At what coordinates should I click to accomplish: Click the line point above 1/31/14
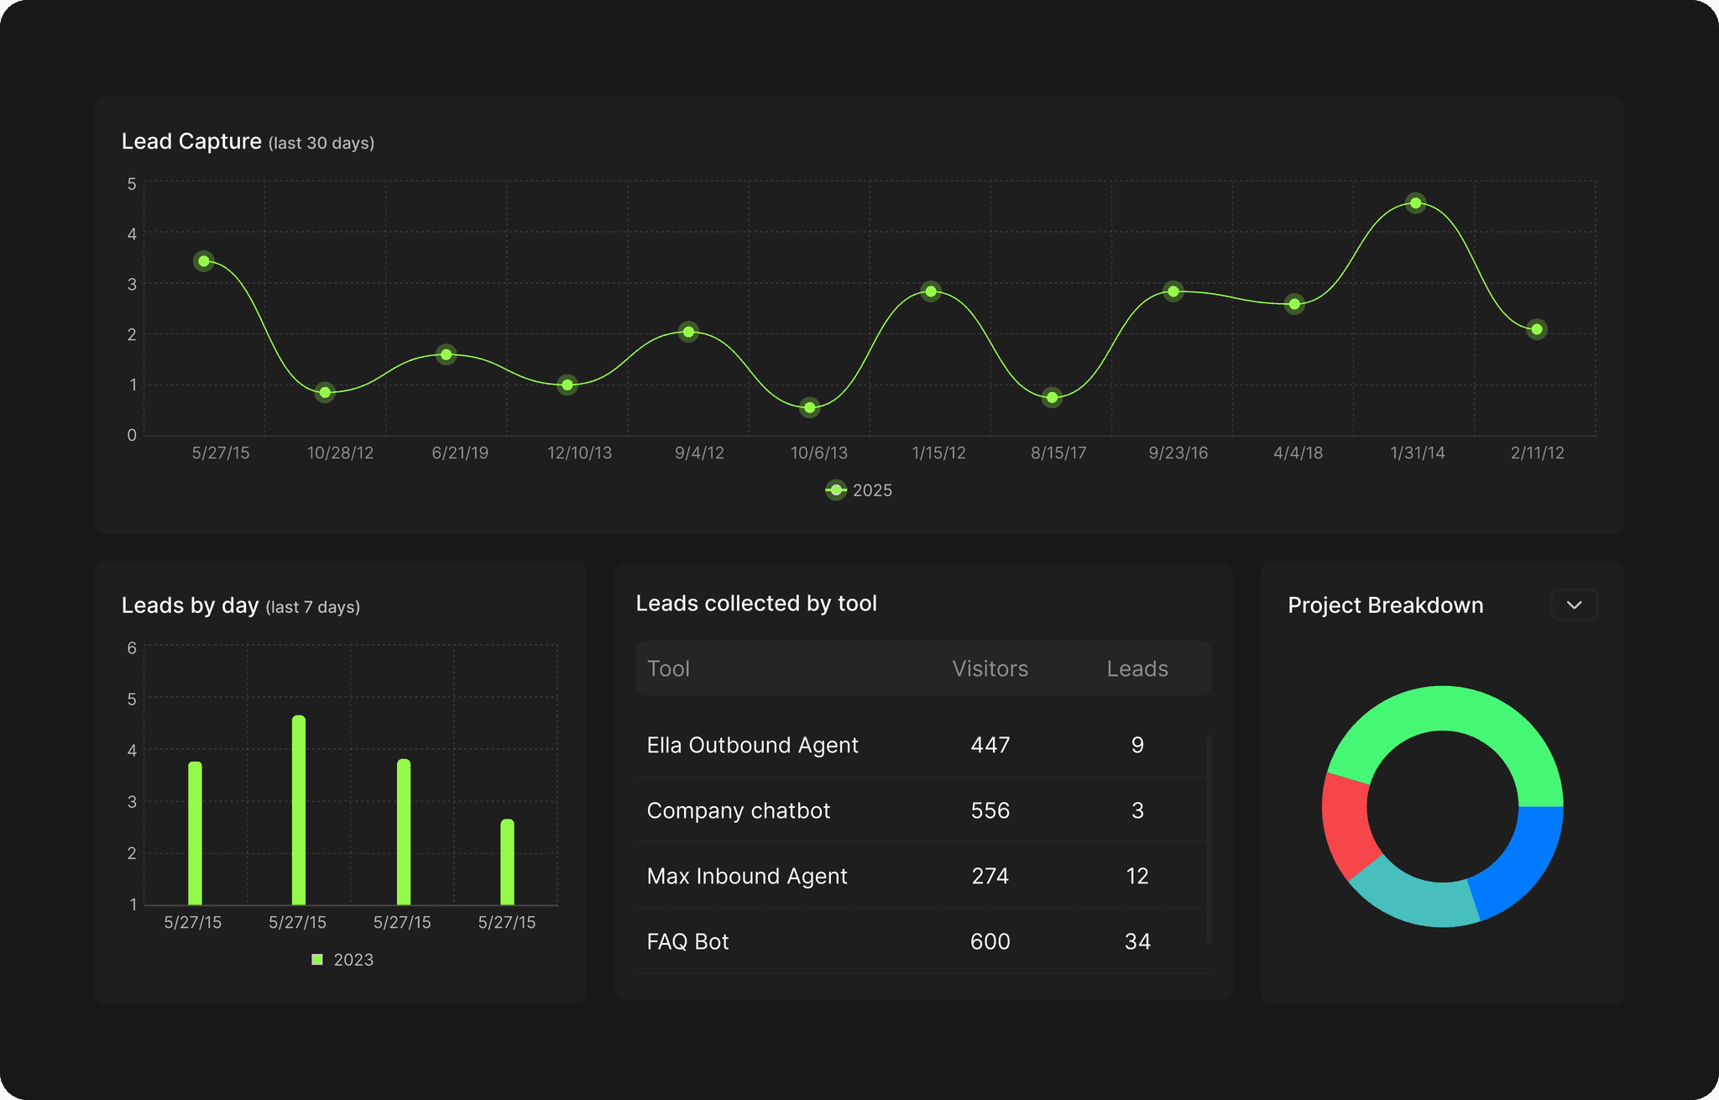pyautogui.click(x=1415, y=203)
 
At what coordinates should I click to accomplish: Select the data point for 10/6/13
pyautogui.click(x=809, y=408)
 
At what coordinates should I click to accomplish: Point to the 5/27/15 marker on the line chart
pyautogui.click(x=204, y=261)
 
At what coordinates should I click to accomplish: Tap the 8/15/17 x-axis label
pyautogui.click(x=1058, y=453)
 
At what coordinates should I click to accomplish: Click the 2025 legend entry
pyautogui.click(x=859, y=490)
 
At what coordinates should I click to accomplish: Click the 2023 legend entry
pyautogui.click(x=342, y=960)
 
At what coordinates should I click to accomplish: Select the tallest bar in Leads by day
pyautogui.click(x=299, y=810)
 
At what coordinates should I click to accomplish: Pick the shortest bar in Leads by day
pyautogui.click(x=507, y=862)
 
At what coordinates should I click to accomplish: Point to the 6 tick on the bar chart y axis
pyautogui.click(x=132, y=648)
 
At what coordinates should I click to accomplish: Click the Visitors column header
pyautogui.click(x=990, y=668)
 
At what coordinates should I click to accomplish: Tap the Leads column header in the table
pyautogui.click(x=1137, y=668)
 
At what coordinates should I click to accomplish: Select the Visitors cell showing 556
pyautogui.click(x=990, y=810)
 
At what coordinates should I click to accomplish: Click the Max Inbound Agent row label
pyautogui.click(x=747, y=876)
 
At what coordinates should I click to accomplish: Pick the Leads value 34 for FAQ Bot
pyautogui.click(x=1137, y=941)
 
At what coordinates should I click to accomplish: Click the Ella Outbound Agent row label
pyautogui.click(x=753, y=745)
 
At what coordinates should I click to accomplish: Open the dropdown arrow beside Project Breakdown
pyautogui.click(x=1574, y=605)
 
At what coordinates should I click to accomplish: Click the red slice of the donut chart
pyautogui.click(x=1346, y=823)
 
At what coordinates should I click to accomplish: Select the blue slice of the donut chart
pyautogui.click(x=1519, y=861)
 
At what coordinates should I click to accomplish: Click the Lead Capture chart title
pyautogui.click(x=191, y=141)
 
